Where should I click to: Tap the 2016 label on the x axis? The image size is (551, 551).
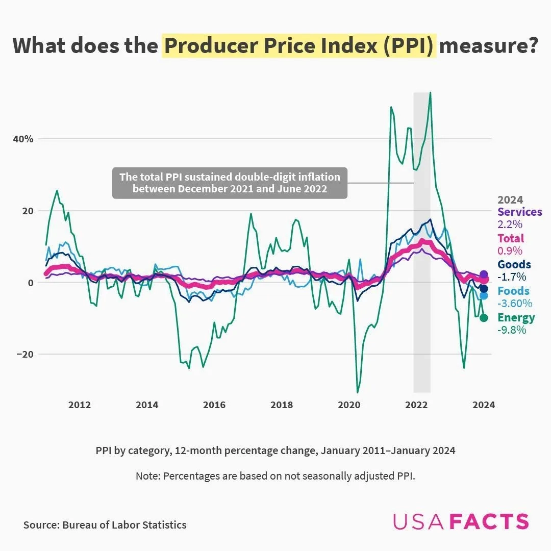point(214,405)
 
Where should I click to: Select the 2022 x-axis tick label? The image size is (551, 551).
point(416,405)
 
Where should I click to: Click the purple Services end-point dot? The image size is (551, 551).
point(484,274)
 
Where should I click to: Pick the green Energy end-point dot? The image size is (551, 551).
point(484,318)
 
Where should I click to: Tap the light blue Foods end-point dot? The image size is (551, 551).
point(484,295)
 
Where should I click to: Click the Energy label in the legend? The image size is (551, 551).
point(516,318)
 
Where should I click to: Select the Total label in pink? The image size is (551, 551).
point(510,238)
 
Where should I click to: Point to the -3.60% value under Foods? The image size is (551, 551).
point(515,304)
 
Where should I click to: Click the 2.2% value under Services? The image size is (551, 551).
point(510,224)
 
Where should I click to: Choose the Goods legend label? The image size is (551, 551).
point(514,265)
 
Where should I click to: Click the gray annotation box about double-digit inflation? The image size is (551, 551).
point(230,183)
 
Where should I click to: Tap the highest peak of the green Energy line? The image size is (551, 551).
point(431,93)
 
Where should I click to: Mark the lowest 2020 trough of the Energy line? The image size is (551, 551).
point(357,392)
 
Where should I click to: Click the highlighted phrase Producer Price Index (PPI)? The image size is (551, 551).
point(299,46)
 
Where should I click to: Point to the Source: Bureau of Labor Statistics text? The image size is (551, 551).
point(105,524)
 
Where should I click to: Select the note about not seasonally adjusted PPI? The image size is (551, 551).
point(275,476)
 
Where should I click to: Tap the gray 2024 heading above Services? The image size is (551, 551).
point(510,199)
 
